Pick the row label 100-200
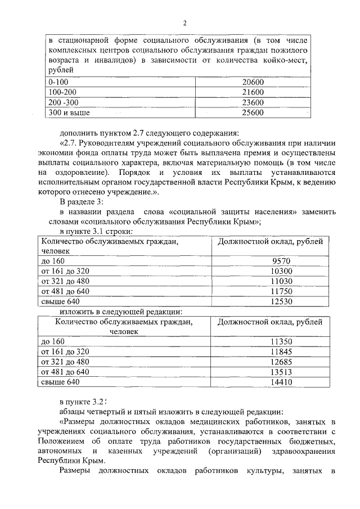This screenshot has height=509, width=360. (x=62, y=92)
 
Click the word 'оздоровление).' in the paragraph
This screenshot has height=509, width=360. (x=79, y=173)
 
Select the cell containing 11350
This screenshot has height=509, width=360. (x=282, y=341)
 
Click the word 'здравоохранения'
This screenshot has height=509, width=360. (x=301, y=451)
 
